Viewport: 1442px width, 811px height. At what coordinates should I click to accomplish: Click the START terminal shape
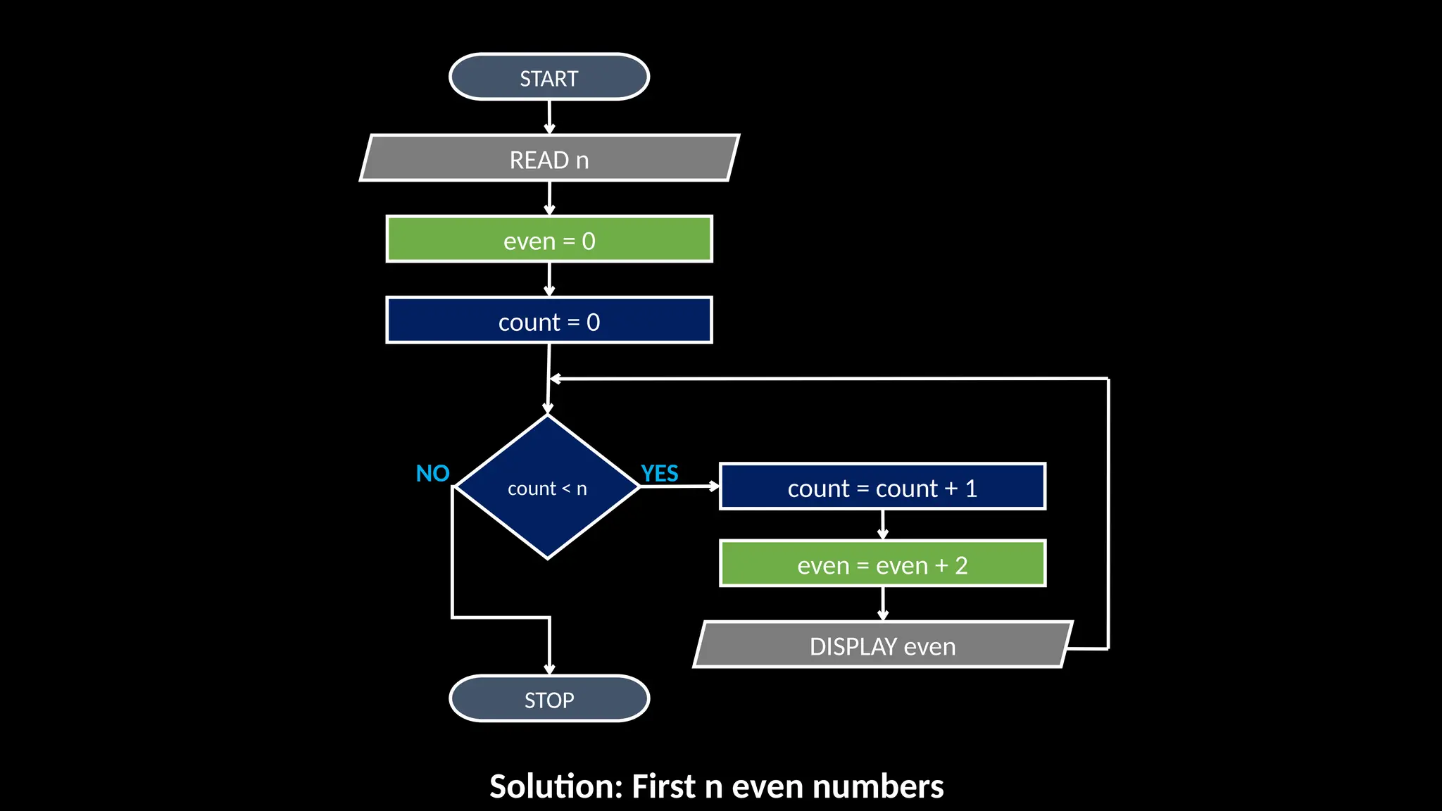548,77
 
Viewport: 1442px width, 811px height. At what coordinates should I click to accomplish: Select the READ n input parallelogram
548,159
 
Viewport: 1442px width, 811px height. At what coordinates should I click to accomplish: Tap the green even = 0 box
548,240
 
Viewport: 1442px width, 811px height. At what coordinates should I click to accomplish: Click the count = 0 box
548,321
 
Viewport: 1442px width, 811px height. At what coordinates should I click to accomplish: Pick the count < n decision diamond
547,488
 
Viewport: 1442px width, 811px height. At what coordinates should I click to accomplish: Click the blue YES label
659,473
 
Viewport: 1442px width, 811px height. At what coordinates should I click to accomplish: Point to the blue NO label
432,473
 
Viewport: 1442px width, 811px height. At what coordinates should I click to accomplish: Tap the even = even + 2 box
882,564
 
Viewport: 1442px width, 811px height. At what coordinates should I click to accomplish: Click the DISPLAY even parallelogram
882,645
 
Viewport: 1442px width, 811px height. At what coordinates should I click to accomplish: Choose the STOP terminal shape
548,699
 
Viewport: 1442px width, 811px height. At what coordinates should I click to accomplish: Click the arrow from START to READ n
549,117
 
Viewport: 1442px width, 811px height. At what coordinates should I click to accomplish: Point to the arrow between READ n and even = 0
549,199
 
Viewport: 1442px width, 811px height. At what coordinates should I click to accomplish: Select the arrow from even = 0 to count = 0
549,279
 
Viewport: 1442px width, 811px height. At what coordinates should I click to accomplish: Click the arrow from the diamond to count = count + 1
679,486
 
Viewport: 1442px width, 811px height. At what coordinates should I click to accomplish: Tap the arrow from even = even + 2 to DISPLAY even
883,603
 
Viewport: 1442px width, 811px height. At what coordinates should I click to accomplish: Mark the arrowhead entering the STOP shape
549,669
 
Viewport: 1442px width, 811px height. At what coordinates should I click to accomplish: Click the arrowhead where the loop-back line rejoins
556,379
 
